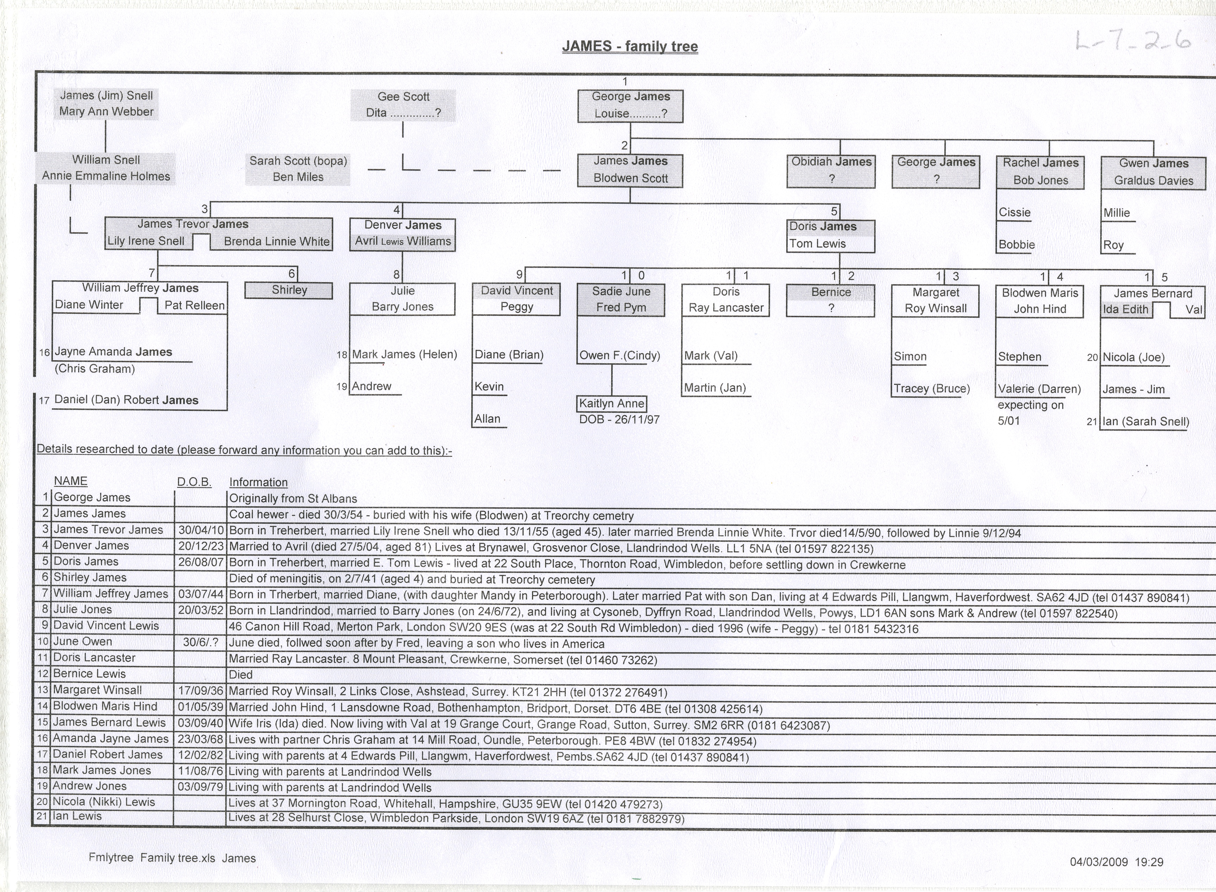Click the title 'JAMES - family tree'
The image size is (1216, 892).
pos(630,46)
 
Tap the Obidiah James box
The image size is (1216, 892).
pos(831,171)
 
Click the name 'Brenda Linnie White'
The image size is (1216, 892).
pos(277,241)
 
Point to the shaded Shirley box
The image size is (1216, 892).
pos(289,290)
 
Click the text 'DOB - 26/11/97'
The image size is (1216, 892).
pos(619,420)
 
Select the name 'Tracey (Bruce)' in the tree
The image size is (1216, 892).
pos(931,389)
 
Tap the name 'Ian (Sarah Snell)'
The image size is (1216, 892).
pos(1145,422)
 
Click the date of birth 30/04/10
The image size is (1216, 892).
pos(201,530)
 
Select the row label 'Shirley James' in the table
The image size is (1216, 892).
pos(90,577)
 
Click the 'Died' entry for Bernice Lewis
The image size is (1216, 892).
pos(240,674)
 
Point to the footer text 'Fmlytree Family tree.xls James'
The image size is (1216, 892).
pos(172,858)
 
